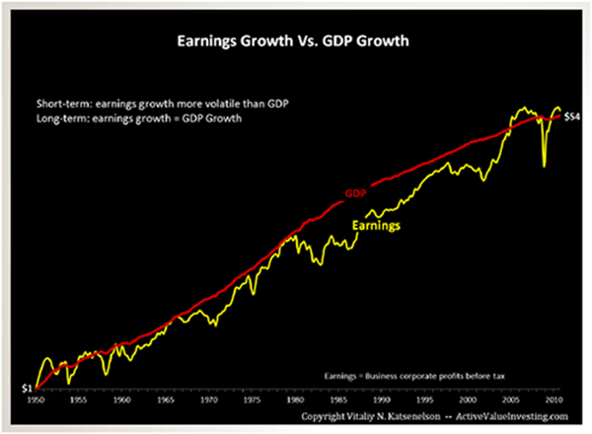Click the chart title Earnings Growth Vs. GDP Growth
point(295,43)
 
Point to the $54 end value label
point(571,116)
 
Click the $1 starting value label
point(27,389)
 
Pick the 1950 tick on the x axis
point(36,402)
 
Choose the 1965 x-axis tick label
point(167,402)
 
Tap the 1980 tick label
point(296,402)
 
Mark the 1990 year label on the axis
point(383,402)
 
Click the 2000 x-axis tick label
point(470,402)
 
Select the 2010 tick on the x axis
point(555,402)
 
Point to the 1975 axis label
point(253,402)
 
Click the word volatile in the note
point(217,103)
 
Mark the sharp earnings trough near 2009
point(545,166)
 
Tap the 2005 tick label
point(512,402)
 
